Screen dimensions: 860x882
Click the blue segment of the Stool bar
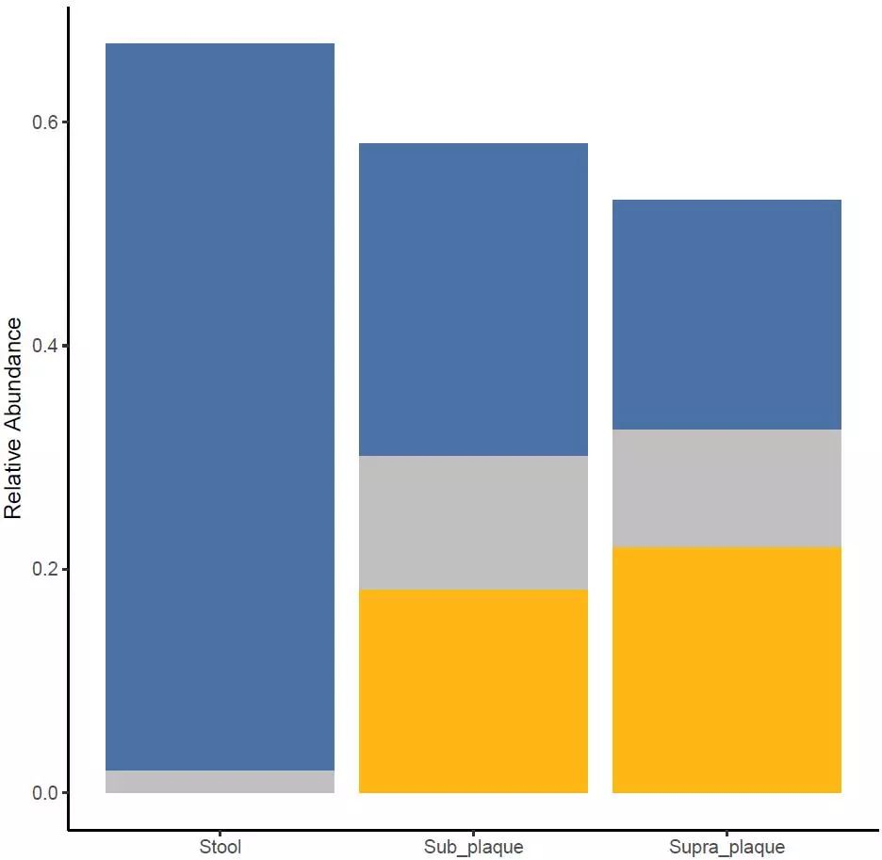click(x=220, y=406)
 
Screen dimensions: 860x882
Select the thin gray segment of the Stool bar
click(x=220, y=782)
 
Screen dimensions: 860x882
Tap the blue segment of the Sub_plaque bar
click(x=473, y=300)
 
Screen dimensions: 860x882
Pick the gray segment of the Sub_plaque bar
click(x=473, y=523)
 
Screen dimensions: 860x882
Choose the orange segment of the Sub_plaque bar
click(x=473, y=691)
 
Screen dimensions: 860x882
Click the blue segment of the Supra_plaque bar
click(x=727, y=315)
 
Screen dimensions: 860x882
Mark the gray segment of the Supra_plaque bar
click(x=727, y=488)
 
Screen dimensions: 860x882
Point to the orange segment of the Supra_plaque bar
click(x=727, y=670)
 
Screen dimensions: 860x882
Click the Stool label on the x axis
click(x=220, y=847)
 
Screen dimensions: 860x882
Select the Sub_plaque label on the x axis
click(x=473, y=847)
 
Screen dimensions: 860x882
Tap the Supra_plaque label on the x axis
click(x=727, y=847)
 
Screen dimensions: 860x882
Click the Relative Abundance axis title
click(x=13, y=418)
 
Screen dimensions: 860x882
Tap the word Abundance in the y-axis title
click(x=13, y=376)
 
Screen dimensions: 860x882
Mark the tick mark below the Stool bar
click(x=220, y=835)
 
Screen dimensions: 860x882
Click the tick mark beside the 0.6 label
click(x=65, y=122)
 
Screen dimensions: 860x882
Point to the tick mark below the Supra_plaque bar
click(x=727, y=835)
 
